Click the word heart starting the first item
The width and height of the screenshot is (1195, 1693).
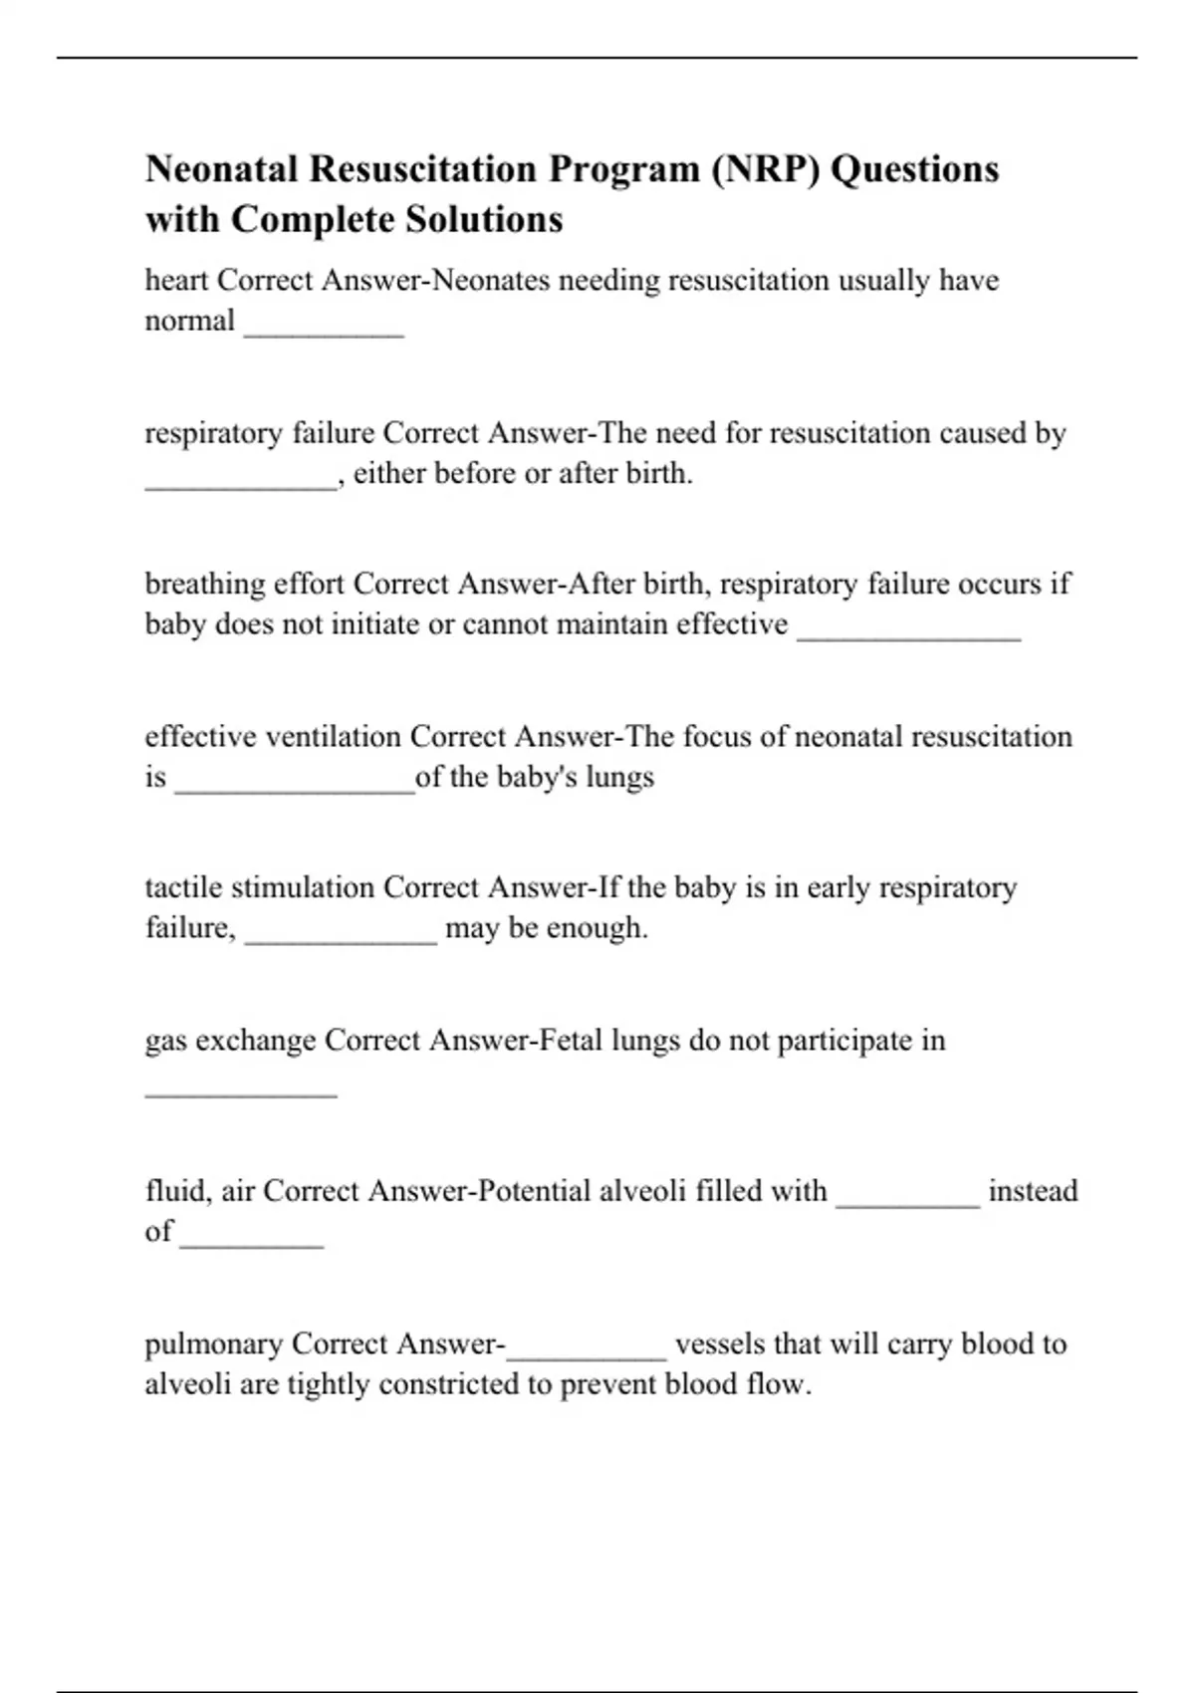176,281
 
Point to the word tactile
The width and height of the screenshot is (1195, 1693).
176,887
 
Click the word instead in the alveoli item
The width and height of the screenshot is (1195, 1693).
1033,1191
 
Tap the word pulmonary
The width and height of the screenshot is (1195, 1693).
214,1344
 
